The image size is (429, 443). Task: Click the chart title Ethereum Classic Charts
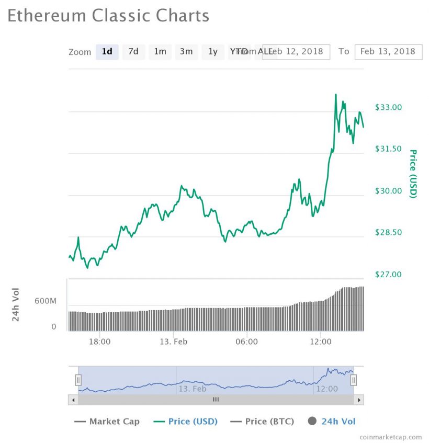(x=108, y=16)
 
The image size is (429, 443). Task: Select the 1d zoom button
(x=107, y=51)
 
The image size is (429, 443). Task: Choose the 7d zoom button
(x=133, y=51)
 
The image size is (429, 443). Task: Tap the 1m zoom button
(x=160, y=51)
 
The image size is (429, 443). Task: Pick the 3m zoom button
(x=186, y=51)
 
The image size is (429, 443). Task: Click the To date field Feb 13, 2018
(x=388, y=51)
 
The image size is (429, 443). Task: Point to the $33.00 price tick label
(x=388, y=107)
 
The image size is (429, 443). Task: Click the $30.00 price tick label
(x=388, y=191)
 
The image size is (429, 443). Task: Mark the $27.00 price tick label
(x=388, y=274)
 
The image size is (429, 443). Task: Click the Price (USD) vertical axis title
(x=413, y=174)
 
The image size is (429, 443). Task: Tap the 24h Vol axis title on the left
(x=16, y=304)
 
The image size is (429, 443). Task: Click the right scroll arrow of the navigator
(x=358, y=400)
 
